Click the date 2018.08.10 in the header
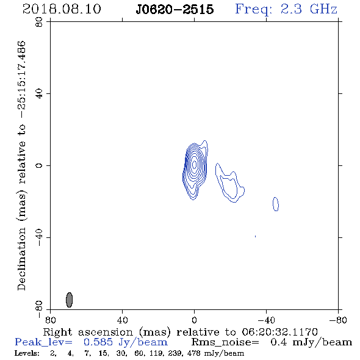tap(62, 9)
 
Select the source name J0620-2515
tap(175, 10)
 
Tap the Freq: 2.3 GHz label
tap(286, 9)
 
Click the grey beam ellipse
tap(70, 300)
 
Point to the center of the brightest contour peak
tap(194, 164)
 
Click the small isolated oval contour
tap(276, 204)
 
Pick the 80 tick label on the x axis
tap(50, 320)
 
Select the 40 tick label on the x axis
tap(122, 320)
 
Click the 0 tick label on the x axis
tap(194, 320)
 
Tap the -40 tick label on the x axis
tap(266, 320)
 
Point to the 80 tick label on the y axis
tap(39, 22)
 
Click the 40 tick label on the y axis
tap(39, 94)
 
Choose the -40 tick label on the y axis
tap(39, 237)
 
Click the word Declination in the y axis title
tap(21, 259)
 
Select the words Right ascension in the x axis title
tap(88, 332)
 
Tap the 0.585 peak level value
tap(98, 342)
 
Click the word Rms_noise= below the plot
tap(225, 342)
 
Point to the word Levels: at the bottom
tap(27, 353)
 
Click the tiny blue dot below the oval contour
tap(255, 236)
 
